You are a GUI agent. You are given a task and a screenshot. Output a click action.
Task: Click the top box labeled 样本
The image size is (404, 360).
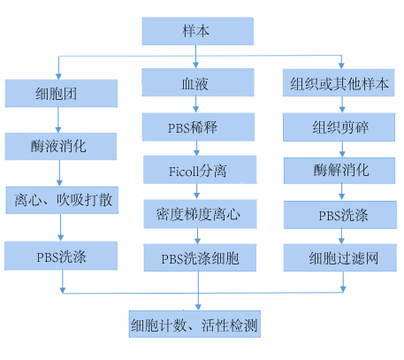pyautogui.click(x=198, y=31)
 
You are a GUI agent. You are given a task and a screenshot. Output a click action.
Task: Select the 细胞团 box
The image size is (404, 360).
pyautogui.click(x=61, y=93)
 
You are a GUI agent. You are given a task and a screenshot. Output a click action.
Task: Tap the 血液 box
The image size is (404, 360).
pyautogui.click(x=198, y=82)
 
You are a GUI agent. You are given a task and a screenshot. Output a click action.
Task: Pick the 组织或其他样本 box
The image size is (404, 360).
pyautogui.click(x=339, y=83)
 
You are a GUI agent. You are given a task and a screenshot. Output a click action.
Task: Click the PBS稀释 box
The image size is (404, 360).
pyautogui.click(x=198, y=127)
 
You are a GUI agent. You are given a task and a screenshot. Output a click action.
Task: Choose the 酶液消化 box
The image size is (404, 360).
pyautogui.click(x=61, y=146)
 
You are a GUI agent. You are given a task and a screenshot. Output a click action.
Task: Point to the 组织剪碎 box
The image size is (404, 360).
pyautogui.click(x=339, y=127)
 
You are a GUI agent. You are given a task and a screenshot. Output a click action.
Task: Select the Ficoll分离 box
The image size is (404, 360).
pyautogui.click(x=200, y=170)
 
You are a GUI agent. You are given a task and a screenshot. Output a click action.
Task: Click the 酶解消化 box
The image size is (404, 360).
pyautogui.click(x=339, y=171)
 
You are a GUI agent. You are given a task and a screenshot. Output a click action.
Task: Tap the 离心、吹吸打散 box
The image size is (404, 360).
pyautogui.click(x=62, y=200)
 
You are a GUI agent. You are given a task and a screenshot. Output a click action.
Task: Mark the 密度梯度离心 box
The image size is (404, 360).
pyautogui.click(x=201, y=214)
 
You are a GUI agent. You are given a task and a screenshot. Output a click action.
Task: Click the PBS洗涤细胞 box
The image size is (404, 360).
pyautogui.click(x=200, y=257)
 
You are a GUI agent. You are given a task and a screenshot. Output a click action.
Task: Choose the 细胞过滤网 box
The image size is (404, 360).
pyautogui.click(x=340, y=257)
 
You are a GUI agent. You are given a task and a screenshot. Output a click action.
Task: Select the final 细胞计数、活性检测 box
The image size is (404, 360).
pyautogui.click(x=194, y=324)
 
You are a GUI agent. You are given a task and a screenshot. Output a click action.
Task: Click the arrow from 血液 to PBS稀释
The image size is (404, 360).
pyautogui.click(x=196, y=104)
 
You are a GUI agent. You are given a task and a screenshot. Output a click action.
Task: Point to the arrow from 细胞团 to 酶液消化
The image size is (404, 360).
pyautogui.click(x=58, y=119)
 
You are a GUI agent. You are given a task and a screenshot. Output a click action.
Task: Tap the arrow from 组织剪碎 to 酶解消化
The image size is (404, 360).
pyautogui.click(x=342, y=149)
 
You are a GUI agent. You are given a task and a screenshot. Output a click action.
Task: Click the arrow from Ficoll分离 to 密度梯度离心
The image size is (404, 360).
pyautogui.click(x=197, y=191)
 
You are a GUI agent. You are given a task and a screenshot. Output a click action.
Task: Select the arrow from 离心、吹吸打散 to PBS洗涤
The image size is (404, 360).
pyautogui.click(x=61, y=227)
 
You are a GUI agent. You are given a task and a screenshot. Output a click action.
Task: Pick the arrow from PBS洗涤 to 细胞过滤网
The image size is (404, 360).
pyautogui.click(x=341, y=236)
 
